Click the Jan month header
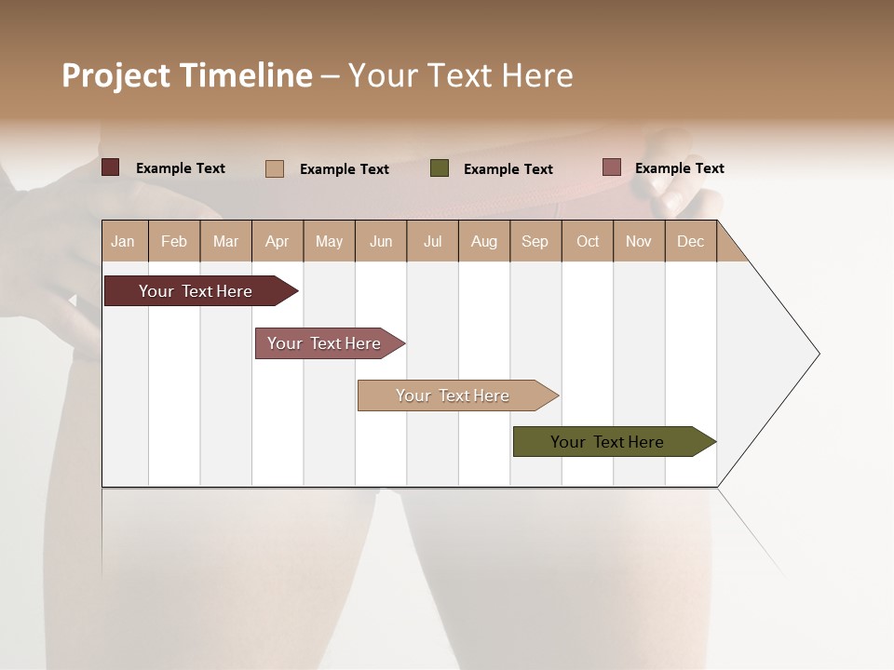pyautogui.click(x=123, y=241)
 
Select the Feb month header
pyautogui.click(x=174, y=241)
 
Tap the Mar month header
pyautogui.click(x=225, y=241)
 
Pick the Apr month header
pyautogui.click(x=277, y=241)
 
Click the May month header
pyautogui.click(x=329, y=241)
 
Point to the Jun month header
pyautogui.click(x=381, y=241)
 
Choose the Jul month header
pyautogui.click(x=432, y=241)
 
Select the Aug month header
pyautogui.click(x=483, y=241)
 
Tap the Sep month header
pyautogui.click(x=535, y=241)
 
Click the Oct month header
pyautogui.click(x=588, y=241)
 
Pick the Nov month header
pyautogui.click(x=638, y=241)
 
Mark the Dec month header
pyautogui.click(x=690, y=241)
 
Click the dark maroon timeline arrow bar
pyautogui.click(x=196, y=291)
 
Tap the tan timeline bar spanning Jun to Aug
pyautogui.click(x=454, y=395)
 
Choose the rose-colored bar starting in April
pyautogui.click(x=325, y=343)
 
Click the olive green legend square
pyautogui.click(x=440, y=168)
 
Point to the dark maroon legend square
pyautogui.click(x=111, y=167)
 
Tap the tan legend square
pyautogui.click(x=275, y=168)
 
